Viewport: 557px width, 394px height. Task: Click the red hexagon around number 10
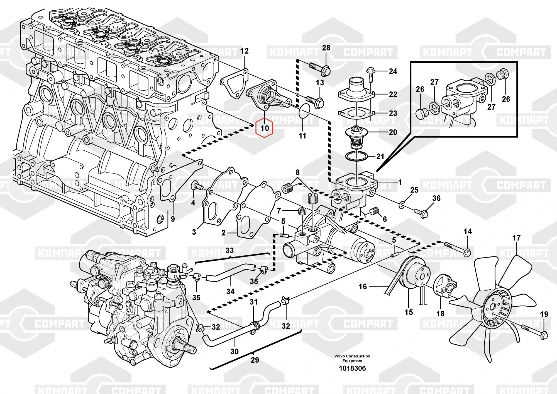pos(265,128)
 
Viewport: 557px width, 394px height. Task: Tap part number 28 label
pos(326,48)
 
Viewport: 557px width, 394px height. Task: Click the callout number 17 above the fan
pos(516,238)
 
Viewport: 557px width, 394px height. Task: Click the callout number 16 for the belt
pos(363,286)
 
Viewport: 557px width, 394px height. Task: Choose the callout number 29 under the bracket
pos(255,360)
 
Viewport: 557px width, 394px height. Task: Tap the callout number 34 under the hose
pos(230,291)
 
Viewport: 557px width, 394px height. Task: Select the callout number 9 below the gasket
pos(173,219)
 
